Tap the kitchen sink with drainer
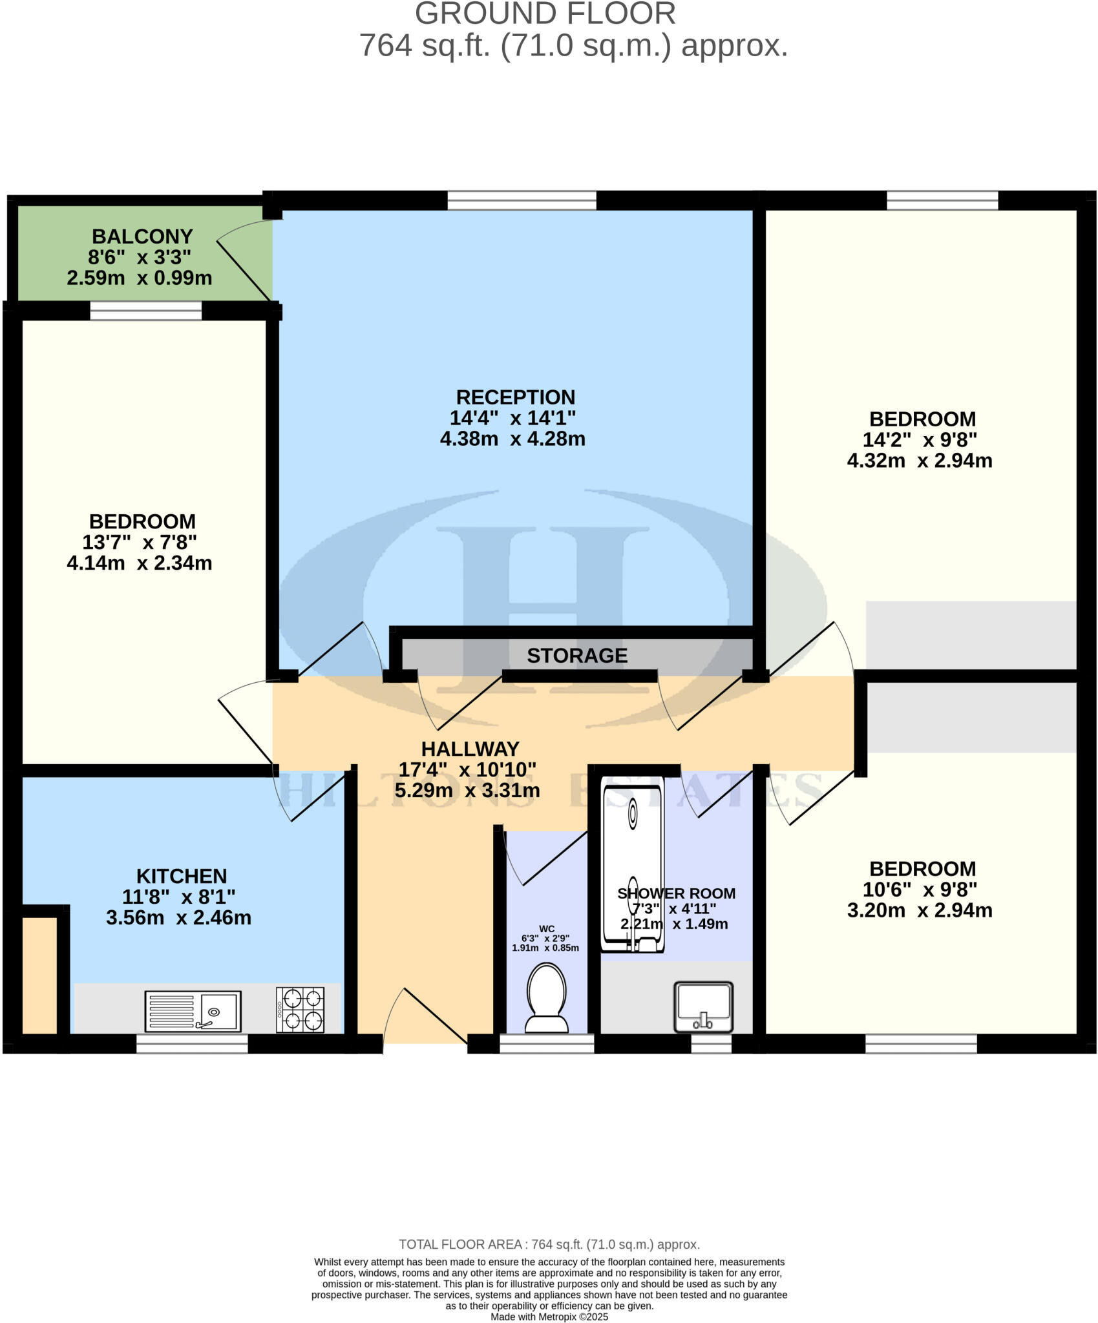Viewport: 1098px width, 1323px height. pyautogui.click(x=193, y=1011)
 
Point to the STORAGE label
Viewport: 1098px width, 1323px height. pyautogui.click(x=576, y=656)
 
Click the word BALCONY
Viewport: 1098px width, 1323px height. pyautogui.click(x=142, y=236)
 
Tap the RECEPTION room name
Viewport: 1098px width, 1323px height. pyautogui.click(x=515, y=397)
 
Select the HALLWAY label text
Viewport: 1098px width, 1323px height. pyautogui.click(x=470, y=749)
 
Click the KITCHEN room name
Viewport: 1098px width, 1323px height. pyautogui.click(x=182, y=876)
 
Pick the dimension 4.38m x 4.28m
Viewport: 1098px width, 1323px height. pyautogui.click(x=512, y=439)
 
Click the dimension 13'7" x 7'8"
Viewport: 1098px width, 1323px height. pyautogui.click(x=140, y=542)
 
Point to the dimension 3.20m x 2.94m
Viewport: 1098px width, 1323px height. pyautogui.click(x=919, y=910)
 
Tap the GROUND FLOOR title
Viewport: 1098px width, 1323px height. pyautogui.click(x=545, y=14)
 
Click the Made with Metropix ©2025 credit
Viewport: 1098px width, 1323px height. pyautogui.click(x=549, y=1317)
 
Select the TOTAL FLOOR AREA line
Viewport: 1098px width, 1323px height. pyautogui.click(x=549, y=1244)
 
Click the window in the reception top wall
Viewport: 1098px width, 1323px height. pyautogui.click(x=522, y=200)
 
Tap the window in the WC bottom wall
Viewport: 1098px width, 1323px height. pyautogui.click(x=547, y=1043)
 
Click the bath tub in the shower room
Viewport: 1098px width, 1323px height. pyautogui.click(x=632, y=862)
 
